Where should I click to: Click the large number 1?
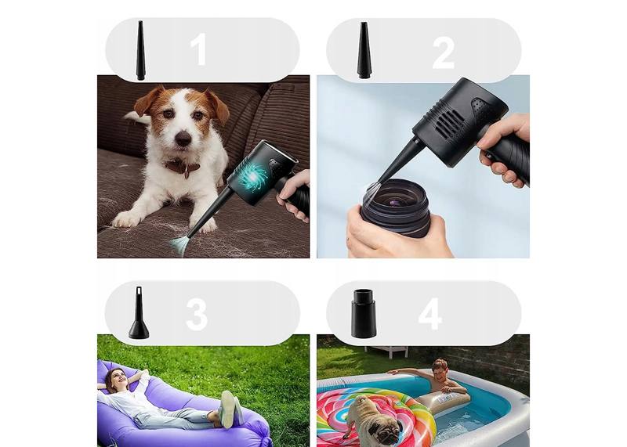pyautogui.click(x=198, y=49)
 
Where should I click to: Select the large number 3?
pyautogui.click(x=197, y=315)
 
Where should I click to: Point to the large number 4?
pyautogui.click(x=429, y=315)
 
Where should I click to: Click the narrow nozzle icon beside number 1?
pyautogui.click(x=140, y=50)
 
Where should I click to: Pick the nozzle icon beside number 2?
pyautogui.click(x=364, y=50)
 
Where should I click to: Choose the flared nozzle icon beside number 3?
pyautogui.click(x=139, y=313)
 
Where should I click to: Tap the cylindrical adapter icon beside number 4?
pyautogui.click(x=364, y=314)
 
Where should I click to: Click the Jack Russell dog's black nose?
pyautogui.click(x=183, y=139)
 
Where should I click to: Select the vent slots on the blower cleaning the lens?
pyautogui.click(x=449, y=122)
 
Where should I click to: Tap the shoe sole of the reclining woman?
pyautogui.click(x=229, y=409)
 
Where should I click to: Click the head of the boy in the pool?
pyautogui.click(x=440, y=369)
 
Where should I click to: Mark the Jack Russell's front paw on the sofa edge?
pyautogui.click(x=125, y=219)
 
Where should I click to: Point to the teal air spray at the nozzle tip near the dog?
pyautogui.click(x=179, y=244)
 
